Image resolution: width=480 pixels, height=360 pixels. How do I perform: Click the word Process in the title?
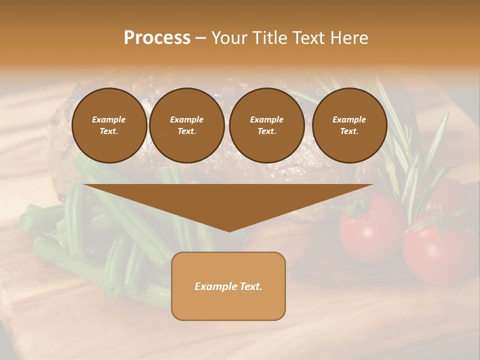pyautogui.click(x=157, y=38)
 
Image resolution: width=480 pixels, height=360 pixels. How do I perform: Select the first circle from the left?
pyautogui.click(x=109, y=125)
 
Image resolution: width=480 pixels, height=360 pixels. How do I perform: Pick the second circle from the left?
pyautogui.click(x=187, y=125)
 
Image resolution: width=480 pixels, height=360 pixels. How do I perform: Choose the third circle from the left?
pyautogui.click(x=266, y=125)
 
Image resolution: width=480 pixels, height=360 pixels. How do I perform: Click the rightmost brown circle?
pyautogui.click(x=349, y=125)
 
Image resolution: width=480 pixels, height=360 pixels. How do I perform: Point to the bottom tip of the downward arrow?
pyautogui.click(x=229, y=231)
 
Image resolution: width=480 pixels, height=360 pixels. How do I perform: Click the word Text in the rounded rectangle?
pyautogui.click(x=250, y=286)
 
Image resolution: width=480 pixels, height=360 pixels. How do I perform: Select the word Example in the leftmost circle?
pyautogui.click(x=109, y=119)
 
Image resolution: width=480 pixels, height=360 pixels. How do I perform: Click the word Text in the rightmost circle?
pyautogui.click(x=349, y=131)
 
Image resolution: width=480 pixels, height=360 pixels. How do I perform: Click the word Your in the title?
pyautogui.click(x=230, y=38)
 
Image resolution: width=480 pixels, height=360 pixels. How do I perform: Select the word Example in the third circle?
pyautogui.click(x=266, y=119)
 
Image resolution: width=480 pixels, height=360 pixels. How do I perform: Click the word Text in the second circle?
pyautogui.click(x=187, y=131)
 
